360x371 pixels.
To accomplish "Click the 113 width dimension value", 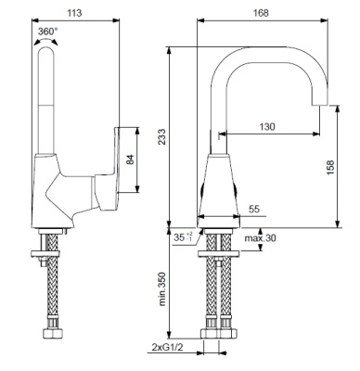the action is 74,13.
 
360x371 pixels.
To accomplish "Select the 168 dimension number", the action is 261,13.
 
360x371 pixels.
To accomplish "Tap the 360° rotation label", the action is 47,32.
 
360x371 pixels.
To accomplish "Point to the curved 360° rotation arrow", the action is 45,41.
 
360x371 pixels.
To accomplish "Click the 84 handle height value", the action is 131,160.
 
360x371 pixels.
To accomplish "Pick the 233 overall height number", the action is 162,136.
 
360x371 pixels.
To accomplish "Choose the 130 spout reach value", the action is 266,126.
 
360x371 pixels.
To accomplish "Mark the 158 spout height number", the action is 330,168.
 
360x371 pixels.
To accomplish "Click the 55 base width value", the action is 254,210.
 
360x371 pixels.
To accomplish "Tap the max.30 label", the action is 261,238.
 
